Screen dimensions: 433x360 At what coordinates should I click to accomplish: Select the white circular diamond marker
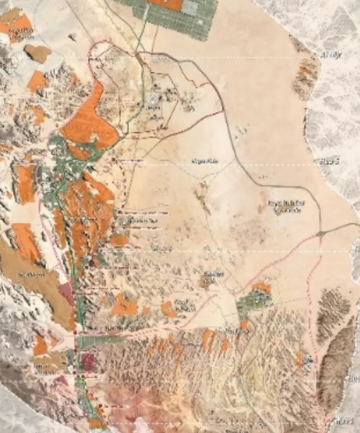click(152, 99)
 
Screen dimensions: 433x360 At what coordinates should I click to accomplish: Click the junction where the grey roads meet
click(321, 233)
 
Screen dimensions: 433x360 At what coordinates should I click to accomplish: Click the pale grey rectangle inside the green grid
click(189, 8)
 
